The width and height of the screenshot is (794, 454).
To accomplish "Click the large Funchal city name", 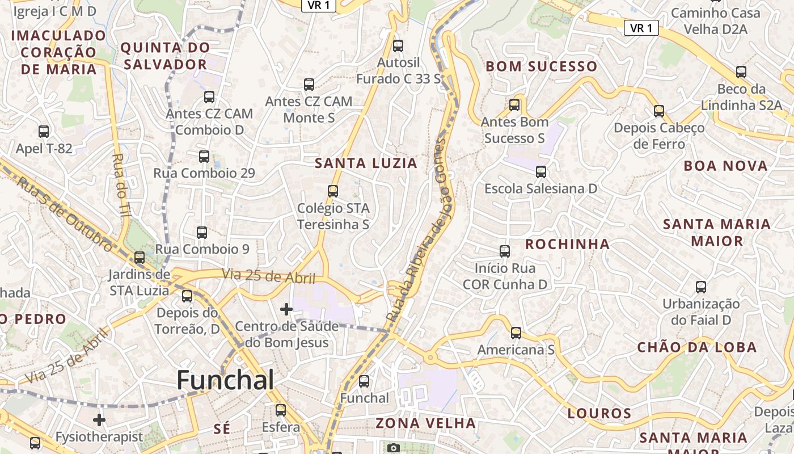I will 225,380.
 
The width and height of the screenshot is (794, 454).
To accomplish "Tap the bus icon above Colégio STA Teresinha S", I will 333,191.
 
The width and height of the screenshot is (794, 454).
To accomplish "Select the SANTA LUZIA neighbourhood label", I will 366,163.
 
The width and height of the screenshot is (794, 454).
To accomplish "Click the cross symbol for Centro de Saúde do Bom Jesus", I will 286,309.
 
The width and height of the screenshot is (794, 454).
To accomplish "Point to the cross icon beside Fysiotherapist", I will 99,420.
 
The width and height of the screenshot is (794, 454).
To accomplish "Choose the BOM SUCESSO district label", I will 542,66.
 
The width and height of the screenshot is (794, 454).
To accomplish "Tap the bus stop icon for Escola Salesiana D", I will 541,171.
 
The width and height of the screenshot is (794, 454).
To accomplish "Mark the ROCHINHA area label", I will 567,244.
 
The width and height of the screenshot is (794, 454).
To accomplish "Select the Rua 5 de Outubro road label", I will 64,213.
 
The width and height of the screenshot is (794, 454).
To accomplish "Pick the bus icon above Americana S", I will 516,333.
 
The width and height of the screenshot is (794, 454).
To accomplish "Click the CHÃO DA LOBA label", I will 697,347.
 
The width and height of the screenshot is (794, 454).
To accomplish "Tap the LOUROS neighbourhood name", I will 599,413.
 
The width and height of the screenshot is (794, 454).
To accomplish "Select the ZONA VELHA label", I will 426,423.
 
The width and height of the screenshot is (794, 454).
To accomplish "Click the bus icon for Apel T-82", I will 44,132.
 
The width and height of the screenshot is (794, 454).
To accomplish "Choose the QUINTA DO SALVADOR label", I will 165,56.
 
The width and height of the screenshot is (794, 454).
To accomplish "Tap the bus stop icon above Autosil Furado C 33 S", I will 398,45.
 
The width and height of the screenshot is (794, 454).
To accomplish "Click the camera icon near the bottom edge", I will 394,448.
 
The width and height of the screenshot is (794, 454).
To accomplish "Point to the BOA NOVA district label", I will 725,166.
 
